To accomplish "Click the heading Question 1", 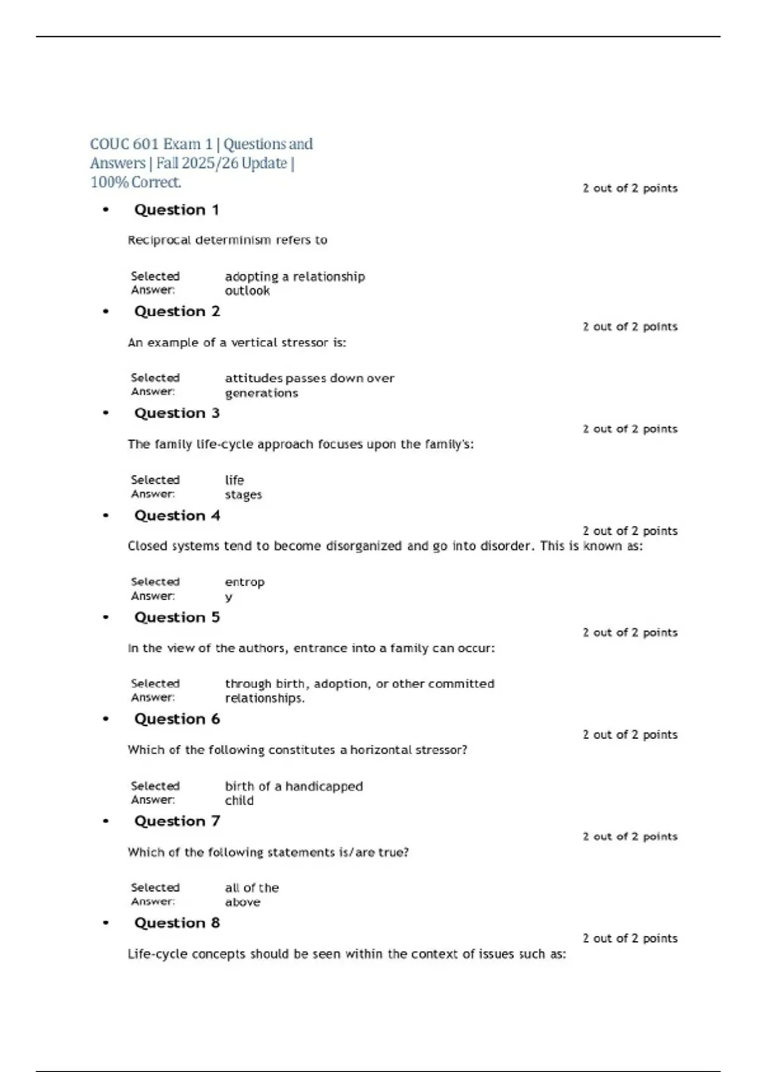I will (176, 210).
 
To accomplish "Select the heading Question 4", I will (177, 516).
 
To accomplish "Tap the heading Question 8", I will (177, 923).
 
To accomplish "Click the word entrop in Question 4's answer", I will (245, 582).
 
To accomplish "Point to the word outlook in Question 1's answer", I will (247, 291).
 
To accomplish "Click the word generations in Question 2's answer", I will (261, 393).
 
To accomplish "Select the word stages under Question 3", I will (243, 495).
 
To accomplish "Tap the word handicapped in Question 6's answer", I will (324, 786).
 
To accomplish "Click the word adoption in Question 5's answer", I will (341, 684).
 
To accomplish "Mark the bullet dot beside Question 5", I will (105, 617).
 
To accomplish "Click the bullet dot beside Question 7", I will (105, 821).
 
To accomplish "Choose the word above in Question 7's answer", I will (242, 902).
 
